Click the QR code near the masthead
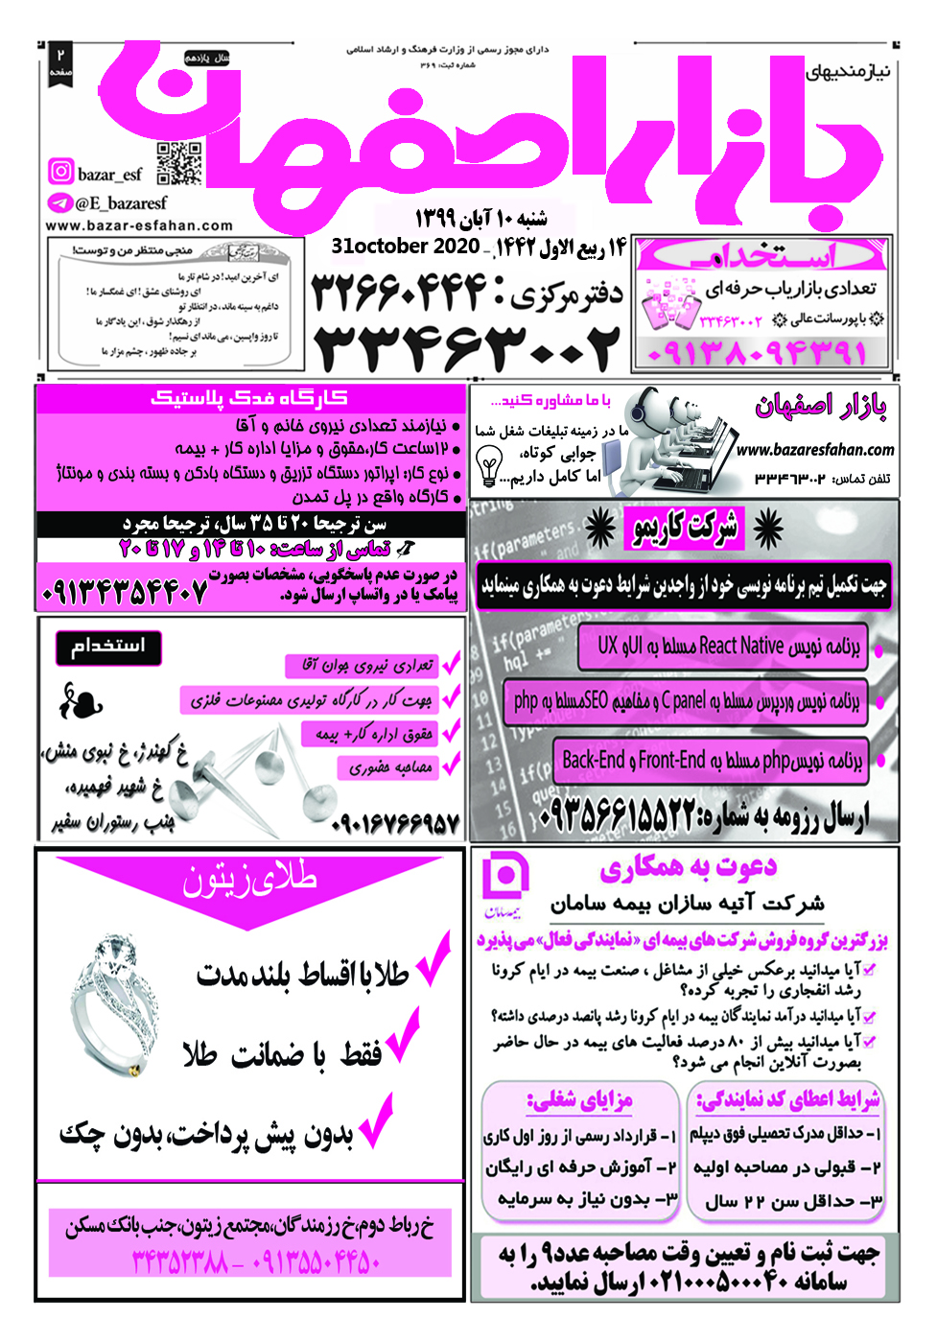click(x=178, y=163)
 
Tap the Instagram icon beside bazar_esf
click(x=60, y=172)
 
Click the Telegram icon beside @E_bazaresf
click(x=59, y=202)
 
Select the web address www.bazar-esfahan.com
click(x=139, y=226)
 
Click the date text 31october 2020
click(x=405, y=247)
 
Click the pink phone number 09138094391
click(x=758, y=353)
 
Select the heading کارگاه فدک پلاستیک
click(x=249, y=398)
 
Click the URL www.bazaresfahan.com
click(x=814, y=449)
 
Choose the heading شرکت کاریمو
click(x=685, y=529)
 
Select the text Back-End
click(x=594, y=761)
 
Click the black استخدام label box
click(x=107, y=647)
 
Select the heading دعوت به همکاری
click(x=688, y=868)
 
